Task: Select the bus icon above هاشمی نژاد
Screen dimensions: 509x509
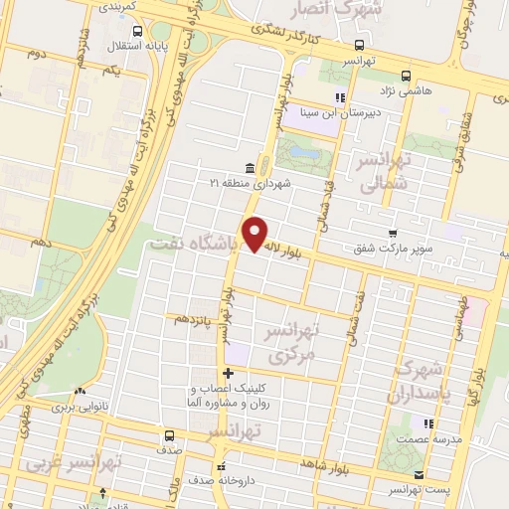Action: point(405,76)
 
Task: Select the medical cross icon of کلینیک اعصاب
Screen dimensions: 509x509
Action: point(228,372)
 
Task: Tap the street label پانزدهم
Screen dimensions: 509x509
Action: point(195,319)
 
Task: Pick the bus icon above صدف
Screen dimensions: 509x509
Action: point(169,435)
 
